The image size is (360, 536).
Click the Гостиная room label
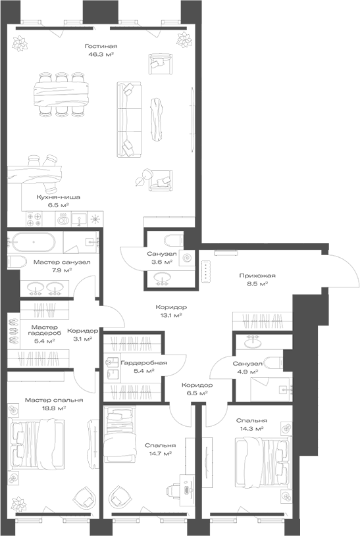pos(101,46)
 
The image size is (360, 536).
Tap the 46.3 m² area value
pos(101,55)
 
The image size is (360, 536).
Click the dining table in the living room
pos(63,93)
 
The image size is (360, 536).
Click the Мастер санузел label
pos(61,262)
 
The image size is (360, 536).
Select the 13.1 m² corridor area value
pos(171,315)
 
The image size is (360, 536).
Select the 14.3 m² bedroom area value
pos(253,428)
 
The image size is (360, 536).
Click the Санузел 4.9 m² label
pos(247,363)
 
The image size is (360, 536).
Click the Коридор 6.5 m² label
pos(197,385)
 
